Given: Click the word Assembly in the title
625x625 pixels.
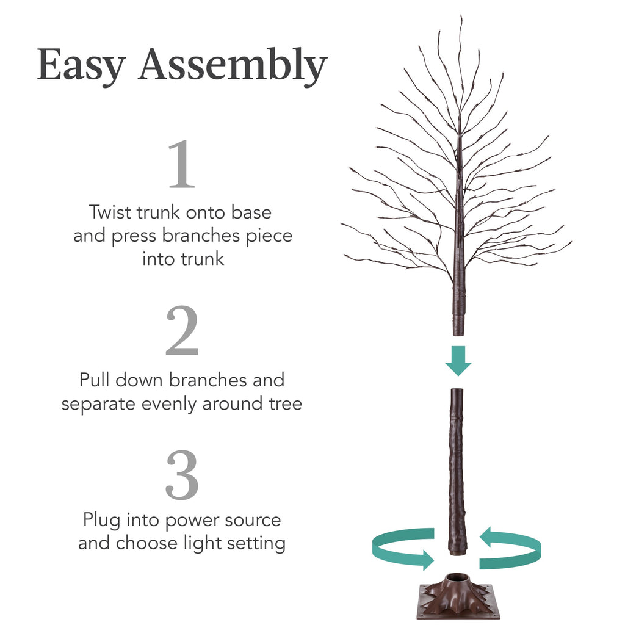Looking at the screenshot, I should tap(233, 66).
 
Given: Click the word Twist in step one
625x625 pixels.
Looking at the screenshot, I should tap(109, 212).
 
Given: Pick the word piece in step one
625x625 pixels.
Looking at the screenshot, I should tap(269, 236).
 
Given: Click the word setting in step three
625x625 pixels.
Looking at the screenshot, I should tap(255, 543).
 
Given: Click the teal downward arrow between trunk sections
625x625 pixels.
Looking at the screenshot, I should tap(458, 361).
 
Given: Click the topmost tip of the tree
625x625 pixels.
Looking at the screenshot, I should tap(461, 18).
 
